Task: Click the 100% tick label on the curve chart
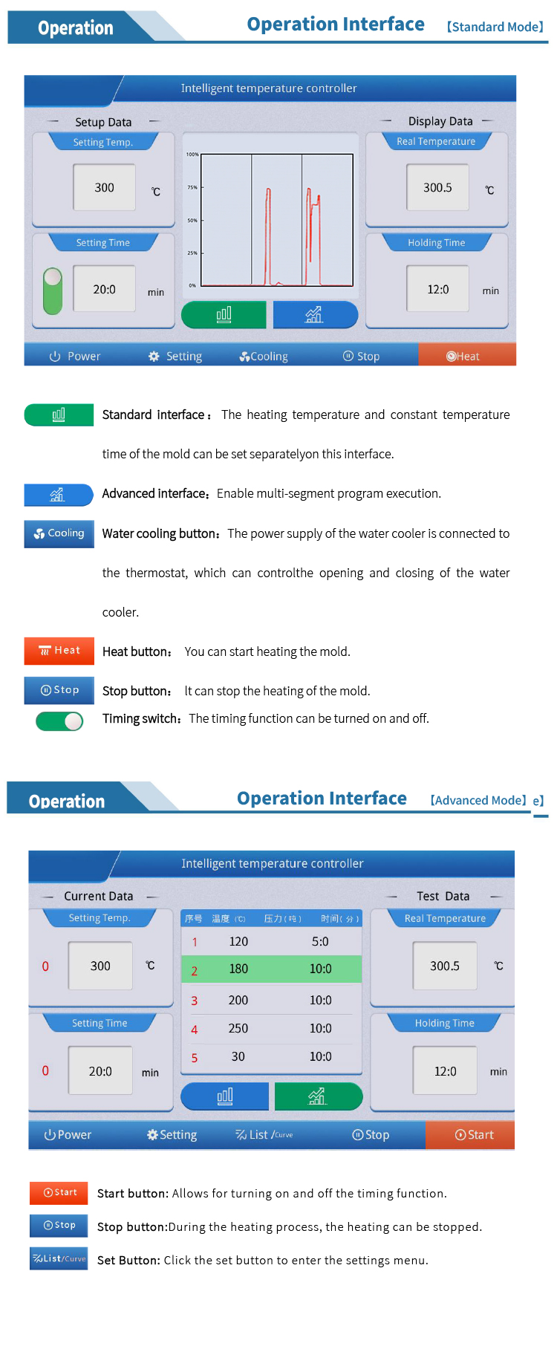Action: coord(192,155)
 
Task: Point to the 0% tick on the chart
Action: coord(192,285)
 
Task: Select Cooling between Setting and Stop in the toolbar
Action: coord(264,357)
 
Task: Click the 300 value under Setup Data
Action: coord(105,188)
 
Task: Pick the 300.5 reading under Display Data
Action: coord(437,188)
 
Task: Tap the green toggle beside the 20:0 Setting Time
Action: coord(53,290)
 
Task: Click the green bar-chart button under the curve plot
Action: coord(224,315)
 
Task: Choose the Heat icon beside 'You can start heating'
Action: coord(59,651)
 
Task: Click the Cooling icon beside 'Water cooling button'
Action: coord(59,533)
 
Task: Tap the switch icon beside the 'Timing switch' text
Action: coord(60,721)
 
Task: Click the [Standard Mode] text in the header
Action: coord(495,27)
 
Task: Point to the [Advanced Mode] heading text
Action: coord(478,800)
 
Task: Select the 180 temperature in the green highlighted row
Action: coord(238,969)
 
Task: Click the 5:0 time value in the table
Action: coord(320,941)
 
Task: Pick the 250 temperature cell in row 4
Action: coord(238,1028)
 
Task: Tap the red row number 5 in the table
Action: coord(195,1058)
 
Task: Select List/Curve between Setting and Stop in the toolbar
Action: coord(264,1134)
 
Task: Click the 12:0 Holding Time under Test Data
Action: coord(446,1071)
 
